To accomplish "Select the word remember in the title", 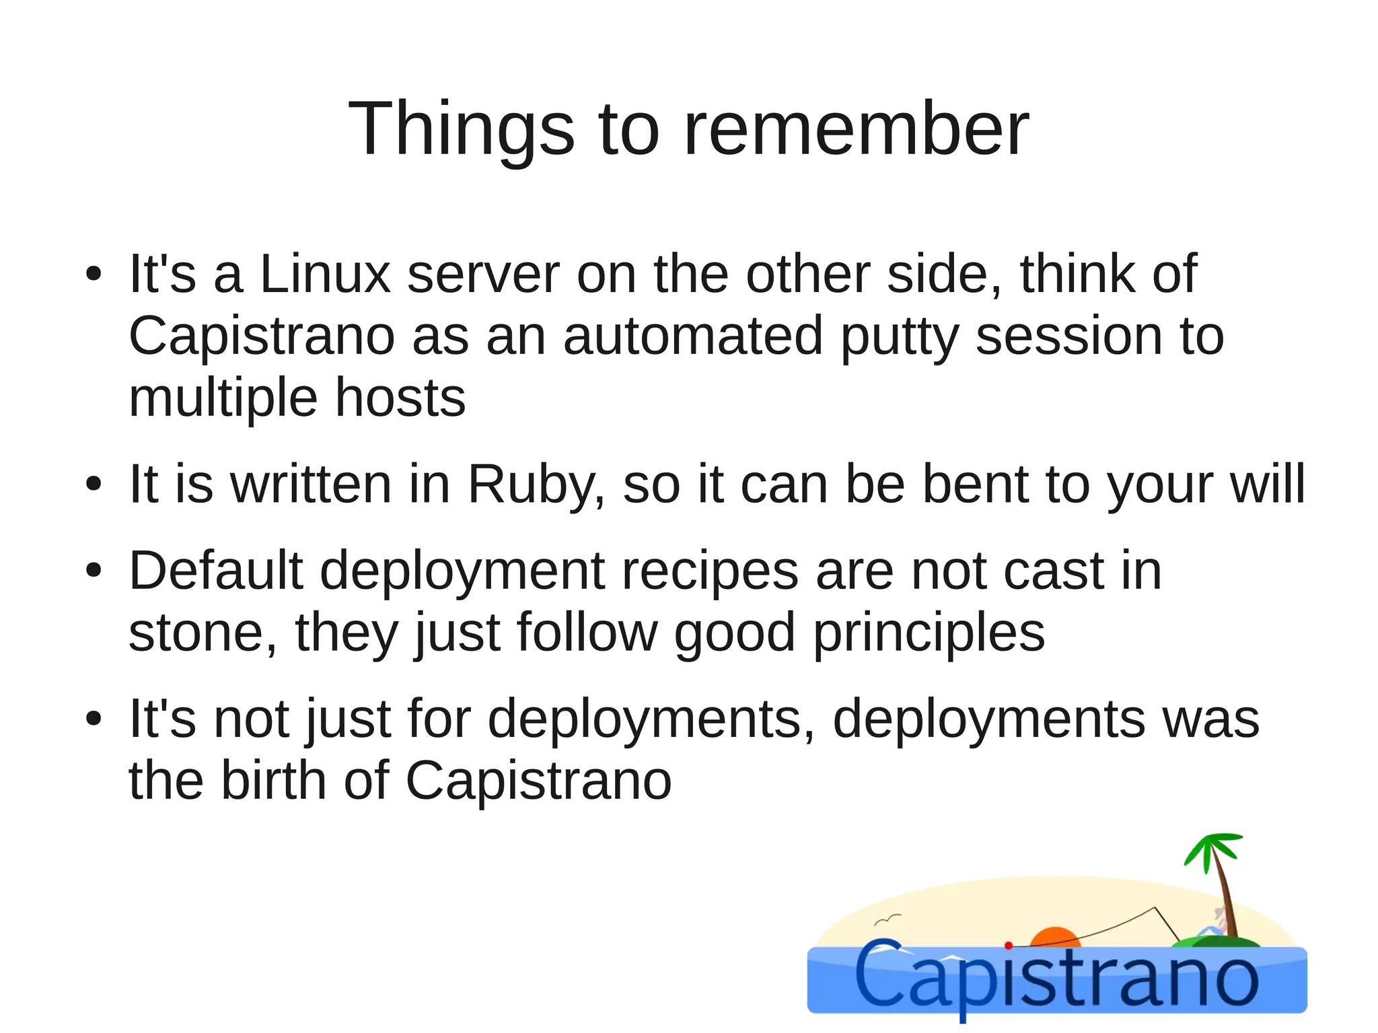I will (x=856, y=128).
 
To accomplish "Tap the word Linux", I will (x=324, y=274).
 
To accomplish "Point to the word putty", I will (x=900, y=336).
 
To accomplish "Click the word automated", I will (x=693, y=336).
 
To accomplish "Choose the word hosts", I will (x=400, y=398).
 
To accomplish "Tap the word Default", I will (x=216, y=571).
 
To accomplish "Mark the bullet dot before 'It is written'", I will (x=94, y=484).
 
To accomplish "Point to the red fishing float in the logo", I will (x=1008, y=946).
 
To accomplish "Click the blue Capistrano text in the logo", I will (x=1056, y=979).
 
